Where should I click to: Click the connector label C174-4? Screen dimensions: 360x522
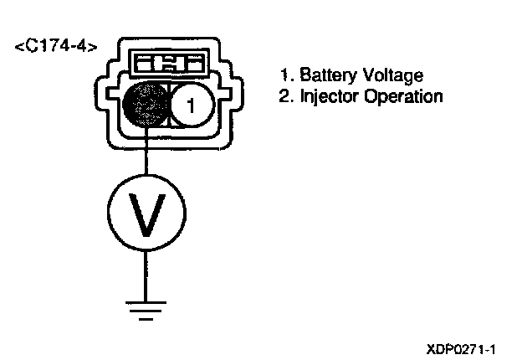55,45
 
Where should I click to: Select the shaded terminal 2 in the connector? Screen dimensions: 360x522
147,105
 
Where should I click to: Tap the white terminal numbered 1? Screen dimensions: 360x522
191,105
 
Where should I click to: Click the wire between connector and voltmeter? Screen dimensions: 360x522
146,155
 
